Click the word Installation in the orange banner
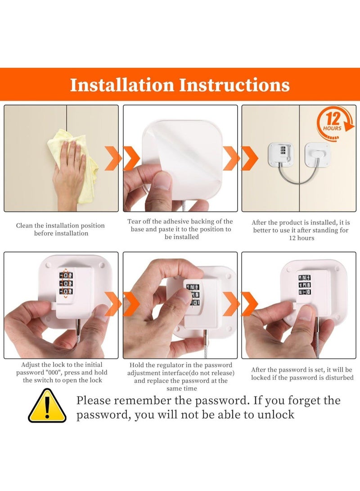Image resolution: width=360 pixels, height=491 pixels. (x=122, y=85)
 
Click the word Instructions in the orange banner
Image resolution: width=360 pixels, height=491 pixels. (x=234, y=85)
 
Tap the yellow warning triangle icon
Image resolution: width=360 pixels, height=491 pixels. (x=47, y=406)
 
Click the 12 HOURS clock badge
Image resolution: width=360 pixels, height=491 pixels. (x=335, y=122)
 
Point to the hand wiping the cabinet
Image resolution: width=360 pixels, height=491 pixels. (x=68, y=176)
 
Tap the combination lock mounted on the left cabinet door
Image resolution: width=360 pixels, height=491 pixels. (x=280, y=155)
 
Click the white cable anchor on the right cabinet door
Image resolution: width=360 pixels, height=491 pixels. (x=317, y=154)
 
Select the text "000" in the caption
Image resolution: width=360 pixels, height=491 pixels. (x=53, y=373)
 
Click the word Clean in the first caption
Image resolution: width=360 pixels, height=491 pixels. (x=24, y=225)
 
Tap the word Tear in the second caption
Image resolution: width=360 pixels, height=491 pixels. (x=134, y=221)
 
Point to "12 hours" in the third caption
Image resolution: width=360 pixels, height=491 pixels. (x=301, y=238)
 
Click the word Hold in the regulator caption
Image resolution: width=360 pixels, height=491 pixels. (x=137, y=365)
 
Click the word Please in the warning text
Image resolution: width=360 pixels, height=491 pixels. (x=94, y=401)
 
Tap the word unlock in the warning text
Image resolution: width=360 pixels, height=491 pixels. (x=276, y=415)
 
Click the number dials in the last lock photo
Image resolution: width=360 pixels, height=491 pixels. (x=304, y=284)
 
